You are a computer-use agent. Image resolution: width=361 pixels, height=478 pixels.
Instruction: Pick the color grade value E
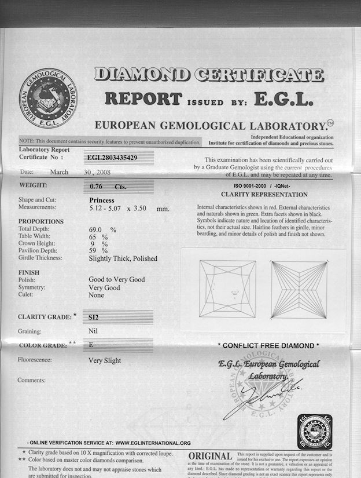point(91,345)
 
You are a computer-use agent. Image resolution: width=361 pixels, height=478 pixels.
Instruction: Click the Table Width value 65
point(93,237)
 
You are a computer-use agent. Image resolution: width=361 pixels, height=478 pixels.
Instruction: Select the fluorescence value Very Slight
point(105,360)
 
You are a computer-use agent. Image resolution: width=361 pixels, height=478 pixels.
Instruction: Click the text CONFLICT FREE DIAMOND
point(268,346)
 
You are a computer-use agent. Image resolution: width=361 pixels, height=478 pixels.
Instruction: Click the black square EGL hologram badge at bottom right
point(315,432)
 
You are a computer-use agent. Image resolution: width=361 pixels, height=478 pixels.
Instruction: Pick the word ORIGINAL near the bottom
point(211,457)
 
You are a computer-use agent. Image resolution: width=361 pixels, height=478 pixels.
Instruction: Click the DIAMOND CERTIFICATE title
point(209,75)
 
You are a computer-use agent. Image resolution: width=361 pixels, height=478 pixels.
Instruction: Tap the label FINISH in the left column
point(29,272)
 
